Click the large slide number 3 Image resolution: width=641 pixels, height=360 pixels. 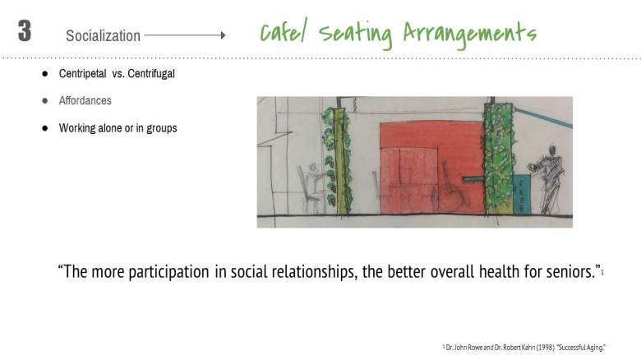tap(25, 31)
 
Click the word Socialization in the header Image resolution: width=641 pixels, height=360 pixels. tap(103, 36)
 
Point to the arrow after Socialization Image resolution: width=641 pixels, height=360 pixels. tap(184, 35)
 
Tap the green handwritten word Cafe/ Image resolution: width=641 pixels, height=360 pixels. tap(285, 33)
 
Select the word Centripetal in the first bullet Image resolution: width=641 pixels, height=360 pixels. tap(83, 74)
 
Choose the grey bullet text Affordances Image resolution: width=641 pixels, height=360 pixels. tap(85, 101)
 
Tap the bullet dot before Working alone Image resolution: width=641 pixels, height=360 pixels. tap(45, 129)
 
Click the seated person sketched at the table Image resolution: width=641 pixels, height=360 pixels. tap(313, 186)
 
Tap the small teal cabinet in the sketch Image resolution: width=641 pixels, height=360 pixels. tap(521, 194)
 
